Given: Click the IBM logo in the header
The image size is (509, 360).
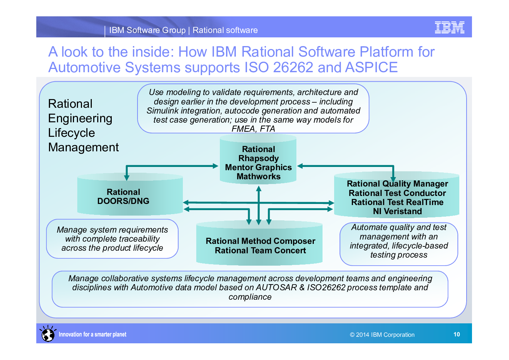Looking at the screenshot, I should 450,28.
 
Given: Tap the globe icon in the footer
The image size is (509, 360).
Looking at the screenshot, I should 48,334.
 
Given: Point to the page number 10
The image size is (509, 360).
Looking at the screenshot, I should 456,334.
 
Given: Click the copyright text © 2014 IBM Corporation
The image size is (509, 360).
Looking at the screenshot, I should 382,335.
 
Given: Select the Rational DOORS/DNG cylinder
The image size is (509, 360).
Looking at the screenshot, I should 130,196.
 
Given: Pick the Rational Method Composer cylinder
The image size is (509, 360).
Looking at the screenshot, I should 260,241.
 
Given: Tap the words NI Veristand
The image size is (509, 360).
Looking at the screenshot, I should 397,211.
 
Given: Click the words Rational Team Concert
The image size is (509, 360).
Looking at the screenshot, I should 260,250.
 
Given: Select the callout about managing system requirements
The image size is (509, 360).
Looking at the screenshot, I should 112,239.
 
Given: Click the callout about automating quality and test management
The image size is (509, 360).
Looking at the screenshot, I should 398,241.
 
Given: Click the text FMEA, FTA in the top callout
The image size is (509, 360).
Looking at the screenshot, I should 253,129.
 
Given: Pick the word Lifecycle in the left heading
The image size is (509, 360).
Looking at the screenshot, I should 71,133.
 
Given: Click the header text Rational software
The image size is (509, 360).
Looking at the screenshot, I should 225,30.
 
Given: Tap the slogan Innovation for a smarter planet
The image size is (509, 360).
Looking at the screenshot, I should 93,334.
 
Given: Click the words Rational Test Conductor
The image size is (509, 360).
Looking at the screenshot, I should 397,193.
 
